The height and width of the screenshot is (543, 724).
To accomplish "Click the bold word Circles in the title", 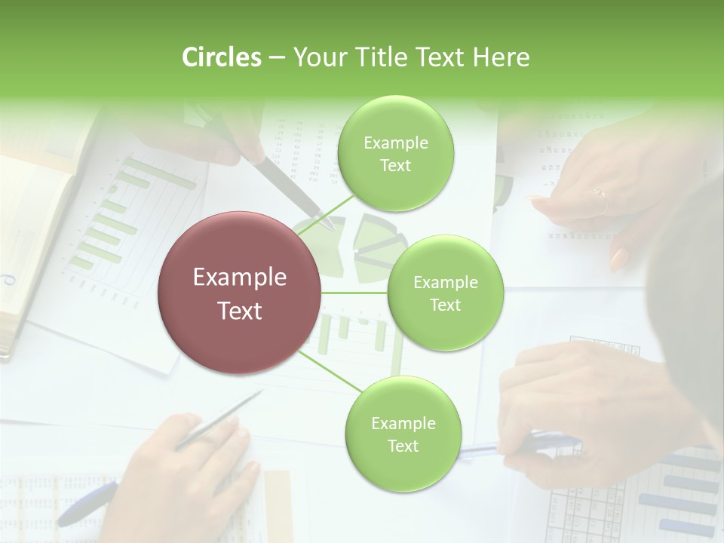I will coord(221,57).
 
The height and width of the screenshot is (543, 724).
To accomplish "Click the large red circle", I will coord(240,293).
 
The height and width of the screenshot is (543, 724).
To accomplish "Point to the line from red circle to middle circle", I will coord(354,293).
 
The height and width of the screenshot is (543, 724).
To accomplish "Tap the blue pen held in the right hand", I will coord(520,446).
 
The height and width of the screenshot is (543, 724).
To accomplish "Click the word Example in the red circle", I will coord(240,278).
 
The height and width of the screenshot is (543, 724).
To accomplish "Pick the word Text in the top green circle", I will coord(395,166).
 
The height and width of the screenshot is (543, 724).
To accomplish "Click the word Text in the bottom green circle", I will coord(403,446).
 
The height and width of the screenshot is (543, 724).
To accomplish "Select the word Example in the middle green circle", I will coord(445,283).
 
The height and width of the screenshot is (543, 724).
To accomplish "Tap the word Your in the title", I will coord(317,57).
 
